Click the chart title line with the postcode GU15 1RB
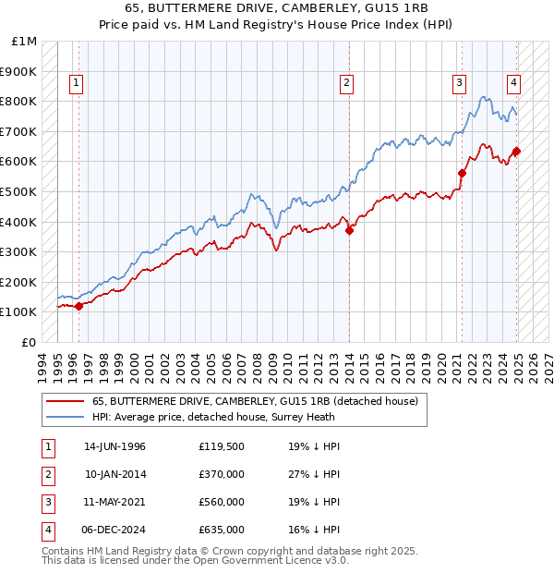[277, 8]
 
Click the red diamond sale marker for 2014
[350, 231]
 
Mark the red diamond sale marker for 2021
[462, 173]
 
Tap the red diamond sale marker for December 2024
[516, 152]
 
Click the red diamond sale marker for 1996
[78, 306]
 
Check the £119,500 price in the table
[222, 446]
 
